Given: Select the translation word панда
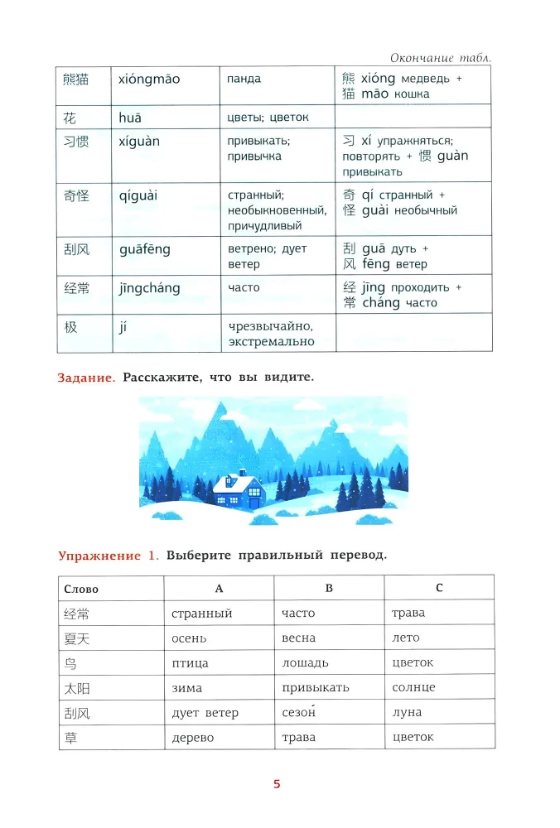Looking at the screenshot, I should [244, 79].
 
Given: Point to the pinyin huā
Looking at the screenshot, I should [130, 118].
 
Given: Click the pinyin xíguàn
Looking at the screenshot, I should [139, 142].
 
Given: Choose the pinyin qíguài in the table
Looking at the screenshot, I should [138, 196].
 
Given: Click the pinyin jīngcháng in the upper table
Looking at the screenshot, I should [149, 288].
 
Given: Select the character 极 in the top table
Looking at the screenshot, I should [70, 327].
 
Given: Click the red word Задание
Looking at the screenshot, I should [86, 378].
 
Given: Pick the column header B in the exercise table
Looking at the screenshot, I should [329, 588].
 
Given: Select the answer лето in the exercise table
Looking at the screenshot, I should [406, 638].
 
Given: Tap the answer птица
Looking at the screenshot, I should [190, 662].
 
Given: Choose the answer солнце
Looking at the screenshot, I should [413, 687].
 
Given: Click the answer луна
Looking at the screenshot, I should [407, 712].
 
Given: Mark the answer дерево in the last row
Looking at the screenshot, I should [192, 737].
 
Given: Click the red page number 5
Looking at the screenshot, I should [278, 783].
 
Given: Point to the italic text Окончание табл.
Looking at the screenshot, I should [439, 57].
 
